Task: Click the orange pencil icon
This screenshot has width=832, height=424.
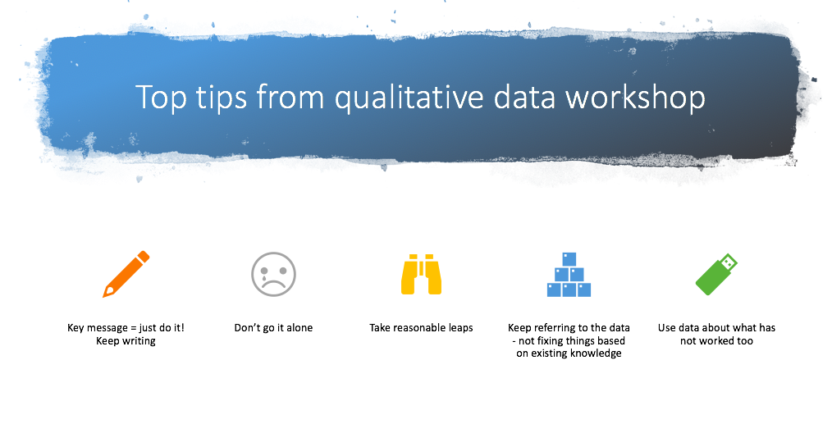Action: (126, 275)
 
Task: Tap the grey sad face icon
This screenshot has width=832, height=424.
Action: (273, 275)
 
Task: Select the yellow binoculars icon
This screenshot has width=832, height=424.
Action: (421, 275)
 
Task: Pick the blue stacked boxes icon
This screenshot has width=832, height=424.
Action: (569, 275)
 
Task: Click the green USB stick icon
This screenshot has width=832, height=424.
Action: (716, 275)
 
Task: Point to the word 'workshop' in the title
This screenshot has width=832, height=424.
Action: (635, 98)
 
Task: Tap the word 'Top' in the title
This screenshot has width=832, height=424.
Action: (162, 98)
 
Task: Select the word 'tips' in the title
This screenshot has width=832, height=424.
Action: (222, 98)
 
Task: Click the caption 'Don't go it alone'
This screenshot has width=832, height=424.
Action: (273, 328)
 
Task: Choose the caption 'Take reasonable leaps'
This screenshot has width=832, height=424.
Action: (421, 328)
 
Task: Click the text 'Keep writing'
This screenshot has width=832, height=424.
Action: (126, 340)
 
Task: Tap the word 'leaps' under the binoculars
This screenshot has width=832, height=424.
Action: (459, 329)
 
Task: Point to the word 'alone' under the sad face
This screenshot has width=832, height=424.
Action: (299, 328)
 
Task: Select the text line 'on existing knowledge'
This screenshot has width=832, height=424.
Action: (569, 353)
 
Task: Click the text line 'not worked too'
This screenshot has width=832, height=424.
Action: (716, 340)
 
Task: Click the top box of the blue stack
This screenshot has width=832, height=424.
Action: (569, 259)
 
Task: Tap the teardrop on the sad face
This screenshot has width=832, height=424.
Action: (263, 278)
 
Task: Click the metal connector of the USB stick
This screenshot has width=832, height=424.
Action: (729, 261)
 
